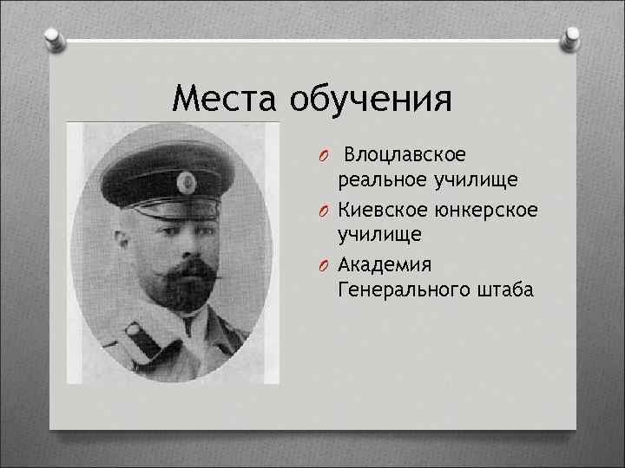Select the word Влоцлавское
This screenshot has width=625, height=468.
coord(405,154)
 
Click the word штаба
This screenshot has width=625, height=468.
coord(503,289)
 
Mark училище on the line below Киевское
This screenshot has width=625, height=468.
coord(380,235)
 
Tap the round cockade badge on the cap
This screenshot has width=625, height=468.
coord(184,181)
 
